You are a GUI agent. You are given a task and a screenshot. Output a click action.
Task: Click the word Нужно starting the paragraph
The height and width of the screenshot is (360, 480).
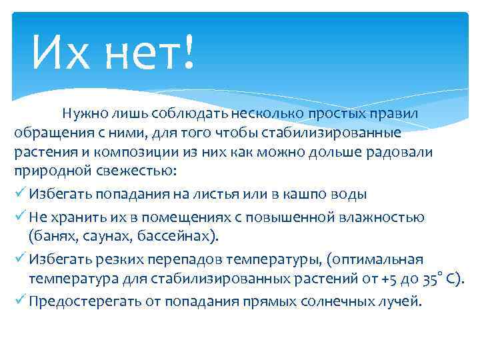tap(85, 114)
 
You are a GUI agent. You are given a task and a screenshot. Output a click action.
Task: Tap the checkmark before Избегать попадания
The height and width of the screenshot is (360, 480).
tap(19, 194)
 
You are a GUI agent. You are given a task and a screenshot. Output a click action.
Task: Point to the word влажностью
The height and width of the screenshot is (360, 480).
tap(383, 217)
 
